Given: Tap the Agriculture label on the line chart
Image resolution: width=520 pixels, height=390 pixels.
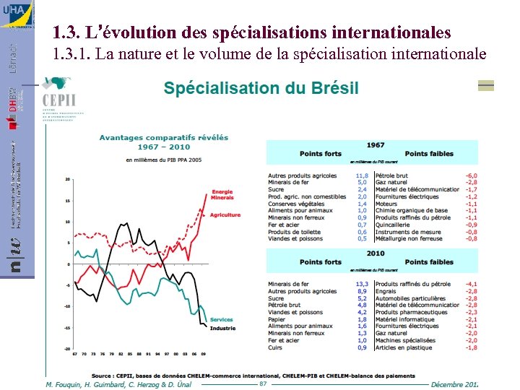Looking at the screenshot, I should pyautogui.click(x=226, y=214).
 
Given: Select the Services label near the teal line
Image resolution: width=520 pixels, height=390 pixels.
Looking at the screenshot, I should pyautogui.click(x=221, y=320).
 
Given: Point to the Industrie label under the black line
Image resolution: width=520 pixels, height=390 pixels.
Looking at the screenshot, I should pyautogui.click(x=222, y=329).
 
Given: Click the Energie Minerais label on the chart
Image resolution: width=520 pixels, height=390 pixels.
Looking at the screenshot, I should pyautogui.click(x=222, y=195).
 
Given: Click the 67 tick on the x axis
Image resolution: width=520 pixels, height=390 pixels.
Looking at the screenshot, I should pyautogui.click(x=75, y=355).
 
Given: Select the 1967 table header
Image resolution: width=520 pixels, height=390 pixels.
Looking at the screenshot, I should pyautogui.click(x=375, y=145).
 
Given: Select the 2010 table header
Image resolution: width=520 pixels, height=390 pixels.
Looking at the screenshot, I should pyautogui.click(x=375, y=253).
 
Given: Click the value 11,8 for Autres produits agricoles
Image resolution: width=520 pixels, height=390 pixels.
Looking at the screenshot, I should pyautogui.click(x=362, y=175).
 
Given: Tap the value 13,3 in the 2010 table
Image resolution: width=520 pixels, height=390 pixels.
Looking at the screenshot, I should pyautogui.click(x=362, y=284).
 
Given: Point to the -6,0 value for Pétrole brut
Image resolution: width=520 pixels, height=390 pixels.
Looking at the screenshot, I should pyautogui.click(x=471, y=175).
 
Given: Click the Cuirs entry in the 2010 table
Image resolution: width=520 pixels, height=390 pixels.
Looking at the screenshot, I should pyautogui.click(x=275, y=347).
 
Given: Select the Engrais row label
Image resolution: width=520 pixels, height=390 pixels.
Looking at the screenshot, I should pyautogui.click(x=386, y=291).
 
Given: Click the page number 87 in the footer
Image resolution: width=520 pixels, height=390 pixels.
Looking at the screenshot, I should pyautogui.click(x=263, y=383).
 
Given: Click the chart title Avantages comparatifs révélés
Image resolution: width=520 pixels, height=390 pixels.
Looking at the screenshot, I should pyautogui.click(x=163, y=137).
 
